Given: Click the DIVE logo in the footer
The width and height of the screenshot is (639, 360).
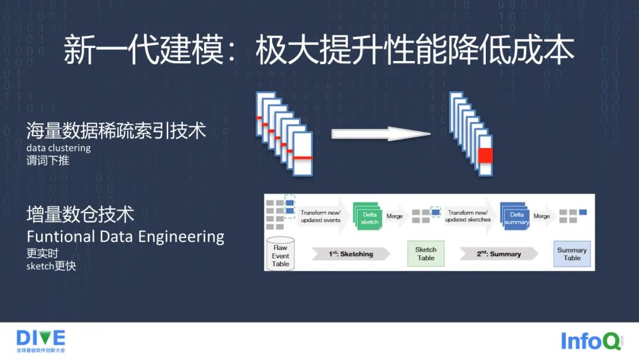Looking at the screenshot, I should [41, 338].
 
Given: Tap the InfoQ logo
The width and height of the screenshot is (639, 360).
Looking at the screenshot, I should [590, 341].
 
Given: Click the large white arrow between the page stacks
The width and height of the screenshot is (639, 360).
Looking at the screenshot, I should [380, 134].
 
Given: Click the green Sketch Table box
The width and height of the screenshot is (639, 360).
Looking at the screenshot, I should [425, 254].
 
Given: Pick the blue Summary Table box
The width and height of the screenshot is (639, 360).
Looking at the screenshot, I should [572, 254].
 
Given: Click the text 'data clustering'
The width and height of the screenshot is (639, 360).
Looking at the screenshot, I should [59, 148].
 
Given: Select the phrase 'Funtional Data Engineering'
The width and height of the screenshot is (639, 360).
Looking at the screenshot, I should [125, 237].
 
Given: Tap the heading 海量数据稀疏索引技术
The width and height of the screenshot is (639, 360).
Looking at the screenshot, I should [116, 130].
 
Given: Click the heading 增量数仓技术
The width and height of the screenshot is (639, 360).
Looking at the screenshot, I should [80, 214].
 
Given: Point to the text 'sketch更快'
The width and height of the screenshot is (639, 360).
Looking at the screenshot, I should [51, 266].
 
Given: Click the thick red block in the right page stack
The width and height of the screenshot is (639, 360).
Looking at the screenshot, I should [485, 155].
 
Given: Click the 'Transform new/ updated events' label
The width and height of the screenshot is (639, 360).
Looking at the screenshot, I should [320, 216].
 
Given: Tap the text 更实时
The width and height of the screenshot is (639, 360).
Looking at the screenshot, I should [43, 254].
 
